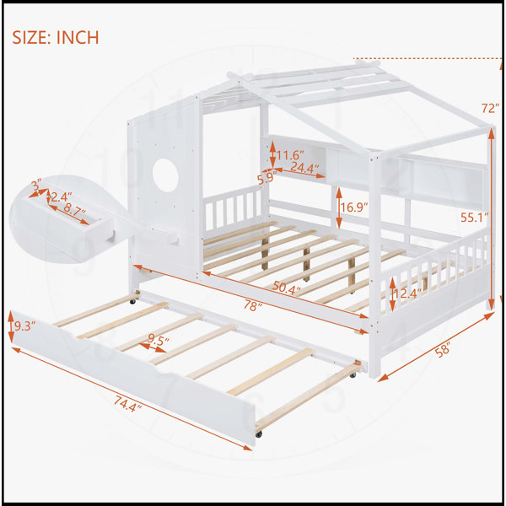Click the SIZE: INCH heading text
point(56,37)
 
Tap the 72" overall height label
point(490,109)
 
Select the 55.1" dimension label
point(474,218)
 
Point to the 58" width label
point(443,350)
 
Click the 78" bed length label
point(252,305)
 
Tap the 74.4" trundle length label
point(127,404)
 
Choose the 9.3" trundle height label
point(24,326)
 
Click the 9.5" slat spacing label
point(159,340)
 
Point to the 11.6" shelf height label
point(290,155)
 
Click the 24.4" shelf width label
point(304,168)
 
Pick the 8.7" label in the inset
point(74,208)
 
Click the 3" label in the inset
point(36,185)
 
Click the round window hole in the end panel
point(165,175)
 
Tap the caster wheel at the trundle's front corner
point(259,434)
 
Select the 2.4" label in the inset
point(62,196)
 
